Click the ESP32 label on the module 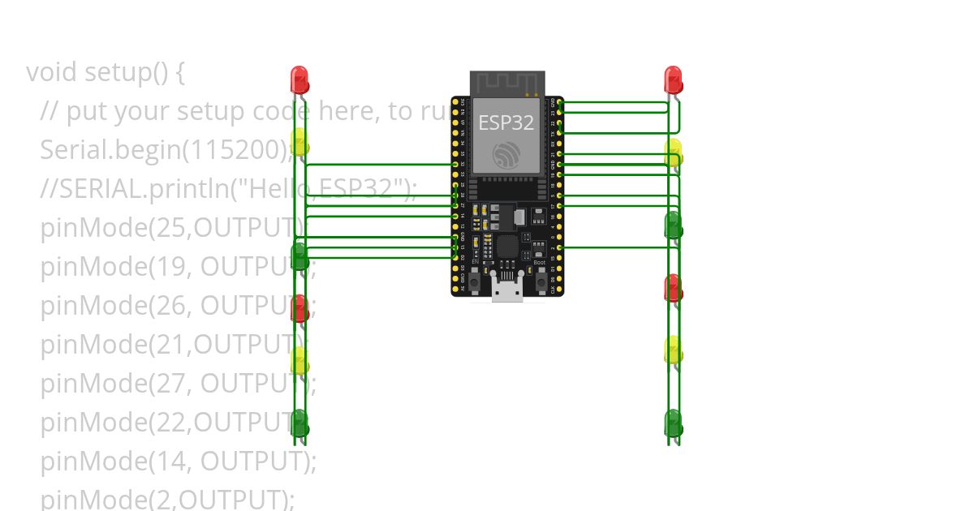(506, 122)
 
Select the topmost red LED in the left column (300, 79)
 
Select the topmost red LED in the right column (673, 79)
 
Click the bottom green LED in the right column (673, 423)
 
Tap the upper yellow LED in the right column (673, 152)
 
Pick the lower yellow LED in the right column (673, 350)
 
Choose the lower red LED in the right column (673, 287)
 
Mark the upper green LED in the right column (673, 225)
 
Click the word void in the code (53, 72)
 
